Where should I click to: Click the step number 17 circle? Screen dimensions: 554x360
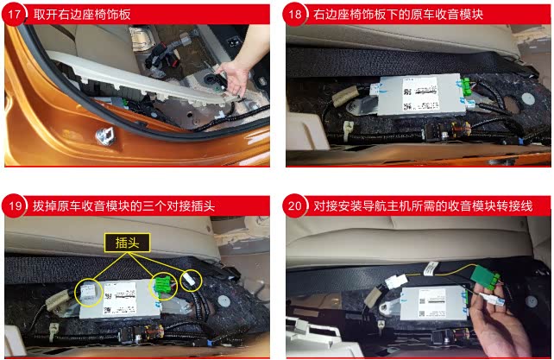(x=14, y=15)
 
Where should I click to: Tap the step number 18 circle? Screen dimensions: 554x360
(x=295, y=15)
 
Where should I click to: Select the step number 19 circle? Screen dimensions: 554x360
(x=14, y=205)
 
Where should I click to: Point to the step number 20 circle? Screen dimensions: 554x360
(x=295, y=205)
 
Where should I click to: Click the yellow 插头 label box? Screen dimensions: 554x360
(x=127, y=243)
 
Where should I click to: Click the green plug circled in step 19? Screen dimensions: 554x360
(x=163, y=286)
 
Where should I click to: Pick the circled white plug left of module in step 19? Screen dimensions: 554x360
(x=88, y=293)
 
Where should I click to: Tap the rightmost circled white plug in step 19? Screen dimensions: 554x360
(x=189, y=280)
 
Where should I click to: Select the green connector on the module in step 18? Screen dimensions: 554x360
(x=466, y=86)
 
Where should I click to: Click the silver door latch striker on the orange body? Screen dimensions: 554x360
(x=105, y=136)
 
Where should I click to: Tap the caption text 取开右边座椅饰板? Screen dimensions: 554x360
(x=82, y=15)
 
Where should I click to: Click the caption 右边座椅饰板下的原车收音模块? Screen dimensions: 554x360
(x=398, y=15)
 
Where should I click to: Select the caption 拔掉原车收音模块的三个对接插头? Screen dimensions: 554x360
(x=123, y=205)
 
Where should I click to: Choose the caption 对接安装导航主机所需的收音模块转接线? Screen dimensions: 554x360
(x=423, y=205)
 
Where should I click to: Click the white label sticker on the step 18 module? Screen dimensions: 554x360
(x=421, y=93)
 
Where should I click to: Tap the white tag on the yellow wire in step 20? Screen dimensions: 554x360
(x=431, y=268)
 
